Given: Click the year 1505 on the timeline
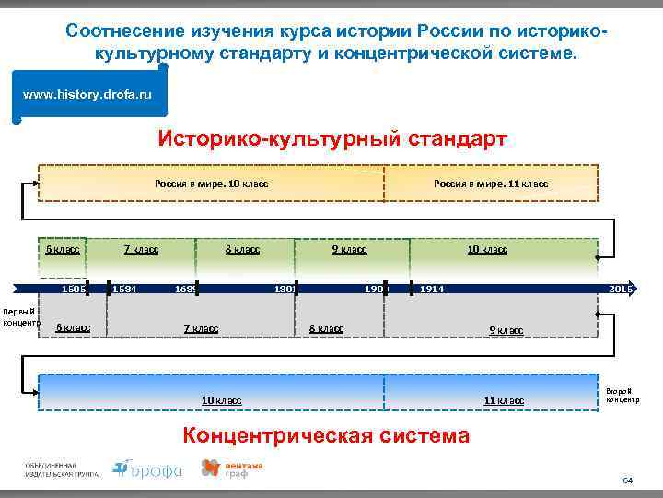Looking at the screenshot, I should coord(73,290).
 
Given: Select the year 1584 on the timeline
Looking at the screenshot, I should coord(123,290).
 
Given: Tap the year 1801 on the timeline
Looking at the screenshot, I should coord(285,290).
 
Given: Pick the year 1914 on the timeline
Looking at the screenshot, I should coord(432,290).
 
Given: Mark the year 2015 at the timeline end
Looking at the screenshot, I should coord(621,290).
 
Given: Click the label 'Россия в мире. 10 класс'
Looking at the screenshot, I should coord(211,184).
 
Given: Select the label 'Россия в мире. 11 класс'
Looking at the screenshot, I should coord(490,184).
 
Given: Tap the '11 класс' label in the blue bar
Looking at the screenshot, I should coord(504,399).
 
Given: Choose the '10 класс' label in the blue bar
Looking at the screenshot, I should coord(222,399).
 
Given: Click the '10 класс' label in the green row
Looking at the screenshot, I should coord(486,249).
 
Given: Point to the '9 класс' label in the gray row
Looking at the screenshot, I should coord(506,330).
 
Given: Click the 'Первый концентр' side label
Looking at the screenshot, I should coord(18,316).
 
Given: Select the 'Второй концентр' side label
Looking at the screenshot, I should coord(622,394).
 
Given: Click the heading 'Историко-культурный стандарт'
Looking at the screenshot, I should coord(331,139).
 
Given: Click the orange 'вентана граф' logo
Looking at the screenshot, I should coord(232,469).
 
